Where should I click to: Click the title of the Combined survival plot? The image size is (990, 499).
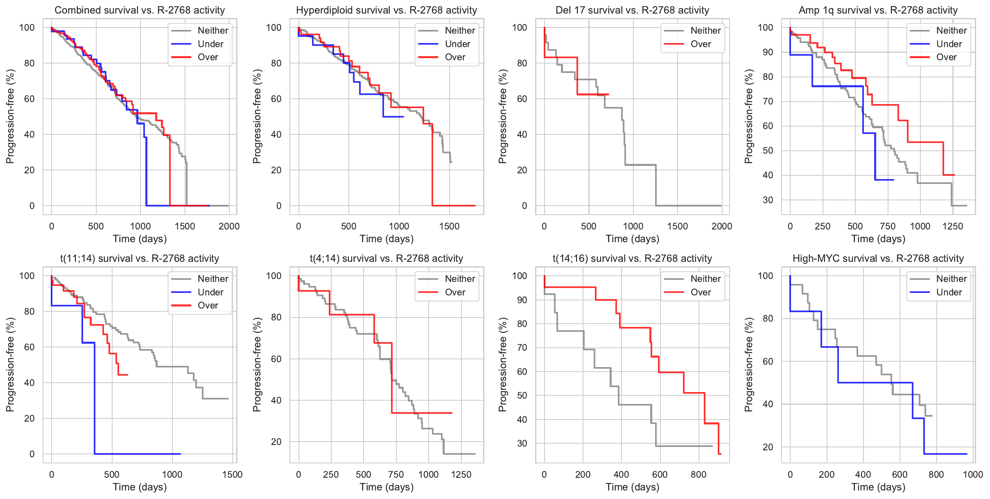(140, 10)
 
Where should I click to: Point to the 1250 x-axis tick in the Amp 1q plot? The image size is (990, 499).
(952, 226)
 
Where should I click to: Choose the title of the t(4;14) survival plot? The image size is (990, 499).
(386, 259)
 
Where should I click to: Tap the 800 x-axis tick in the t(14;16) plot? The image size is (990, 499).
(698, 474)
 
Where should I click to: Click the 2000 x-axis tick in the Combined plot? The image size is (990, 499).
(229, 226)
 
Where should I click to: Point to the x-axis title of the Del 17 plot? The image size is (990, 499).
(632, 239)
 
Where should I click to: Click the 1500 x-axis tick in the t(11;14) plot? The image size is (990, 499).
(232, 474)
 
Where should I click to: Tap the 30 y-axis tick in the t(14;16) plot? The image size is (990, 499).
(522, 443)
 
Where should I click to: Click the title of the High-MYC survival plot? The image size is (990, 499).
(878, 259)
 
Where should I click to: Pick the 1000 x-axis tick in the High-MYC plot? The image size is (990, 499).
(973, 474)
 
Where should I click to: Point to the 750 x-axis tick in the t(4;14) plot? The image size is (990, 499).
(396, 474)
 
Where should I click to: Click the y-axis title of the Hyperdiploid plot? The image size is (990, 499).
(257, 116)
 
